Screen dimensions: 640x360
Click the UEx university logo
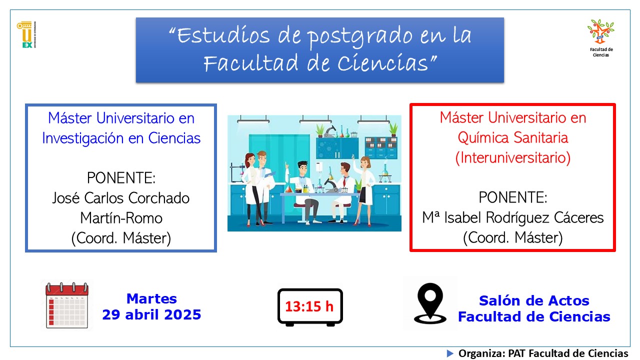coord(26,34)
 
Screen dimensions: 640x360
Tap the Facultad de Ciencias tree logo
coord(601,31)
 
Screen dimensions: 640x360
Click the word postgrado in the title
coord(360,37)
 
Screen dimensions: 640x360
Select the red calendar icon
coord(67,305)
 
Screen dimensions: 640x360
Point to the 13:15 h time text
coord(309,306)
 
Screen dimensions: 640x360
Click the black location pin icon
coord(430,303)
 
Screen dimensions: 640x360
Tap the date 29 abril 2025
coord(151,315)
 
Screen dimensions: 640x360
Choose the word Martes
coord(151,299)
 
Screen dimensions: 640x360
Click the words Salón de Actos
coord(534,300)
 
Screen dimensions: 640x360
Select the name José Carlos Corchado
coord(121,198)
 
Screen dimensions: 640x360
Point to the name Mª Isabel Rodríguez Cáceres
coord(513,217)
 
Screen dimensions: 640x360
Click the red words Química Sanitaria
coord(513,137)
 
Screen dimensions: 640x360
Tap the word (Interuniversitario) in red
coord(513,157)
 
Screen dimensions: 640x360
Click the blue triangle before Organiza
coord(450,353)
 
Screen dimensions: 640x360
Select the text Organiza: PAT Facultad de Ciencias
coord(543,353)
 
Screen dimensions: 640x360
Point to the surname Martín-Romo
coord(121,218)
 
